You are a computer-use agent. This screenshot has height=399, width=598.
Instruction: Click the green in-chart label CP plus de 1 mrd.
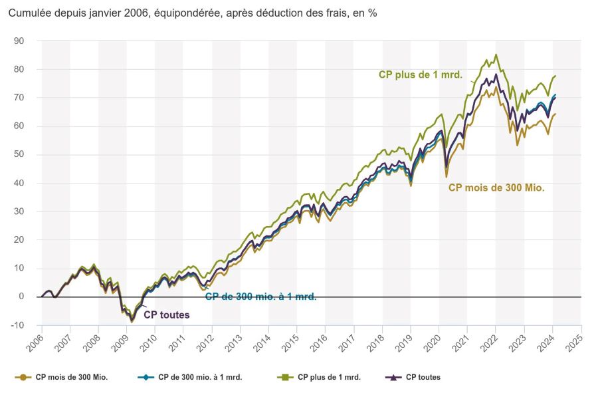coord(420,74)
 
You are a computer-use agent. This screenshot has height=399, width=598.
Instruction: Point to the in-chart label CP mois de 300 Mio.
coord(496,188)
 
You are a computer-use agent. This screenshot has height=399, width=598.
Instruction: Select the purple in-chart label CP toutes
coord(166,315)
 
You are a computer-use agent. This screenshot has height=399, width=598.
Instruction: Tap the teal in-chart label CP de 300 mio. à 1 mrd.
coord(260,297)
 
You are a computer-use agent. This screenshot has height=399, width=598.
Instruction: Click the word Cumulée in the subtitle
coord(31,13)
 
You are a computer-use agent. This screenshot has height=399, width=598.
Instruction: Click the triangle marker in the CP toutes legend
coord(393,377)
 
